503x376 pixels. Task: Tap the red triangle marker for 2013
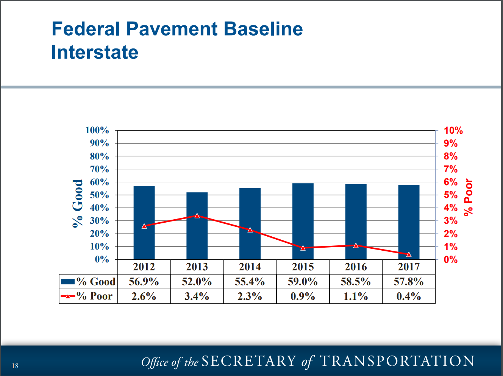(x=197, y=216)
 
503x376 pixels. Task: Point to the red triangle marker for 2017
(x=409, y=254)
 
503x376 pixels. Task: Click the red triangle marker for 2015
(x=303, y=248)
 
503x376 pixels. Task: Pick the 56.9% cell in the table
(x=144, y=282)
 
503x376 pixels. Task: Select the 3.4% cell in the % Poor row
(x=197, y=296)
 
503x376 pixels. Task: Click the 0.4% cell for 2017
(x=409, y=296)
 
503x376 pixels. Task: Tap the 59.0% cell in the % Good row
(x=303, y=282)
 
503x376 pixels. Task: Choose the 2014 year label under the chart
(x=250, y=267)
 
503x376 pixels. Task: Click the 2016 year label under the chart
(x=356, y=267)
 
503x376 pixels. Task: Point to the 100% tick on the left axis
(x=97, y=130)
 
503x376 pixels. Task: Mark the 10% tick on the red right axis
(x=453, y=131)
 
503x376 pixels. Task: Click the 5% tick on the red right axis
(x=451, y=195)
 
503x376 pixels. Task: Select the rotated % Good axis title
(x=78, y=203)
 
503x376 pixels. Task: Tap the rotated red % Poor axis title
(x=469, y=197)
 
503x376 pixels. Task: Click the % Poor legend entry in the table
(x=88, y=296)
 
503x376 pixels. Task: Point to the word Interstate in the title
(x=95, y=52)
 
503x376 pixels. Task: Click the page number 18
(x=15, y=365)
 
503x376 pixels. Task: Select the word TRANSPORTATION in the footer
(x=397, y=361)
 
